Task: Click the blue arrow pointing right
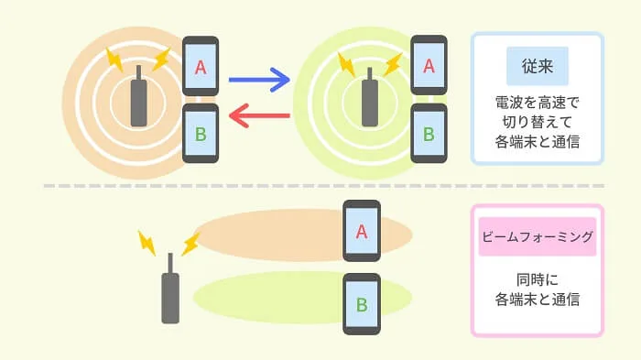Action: coord(259,80)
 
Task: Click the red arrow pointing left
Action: coord(259,115)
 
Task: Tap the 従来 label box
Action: coord(538,66)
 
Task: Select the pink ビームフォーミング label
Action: coord(538,236)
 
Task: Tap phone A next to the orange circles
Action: coord(201,66)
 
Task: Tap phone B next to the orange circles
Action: coord(201,134)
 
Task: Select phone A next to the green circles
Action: coord(429,65)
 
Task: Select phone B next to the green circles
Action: coord(429,134)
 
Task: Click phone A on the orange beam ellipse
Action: coord(362,231)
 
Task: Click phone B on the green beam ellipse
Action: coord(362,304)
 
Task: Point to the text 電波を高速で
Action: coord(538,103)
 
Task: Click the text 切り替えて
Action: coord(538,122)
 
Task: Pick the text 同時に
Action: coord(538,279)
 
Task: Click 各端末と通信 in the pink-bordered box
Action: coord(538,300)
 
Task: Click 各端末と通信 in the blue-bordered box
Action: coord(538,142)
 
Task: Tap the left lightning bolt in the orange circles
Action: coord(114,60)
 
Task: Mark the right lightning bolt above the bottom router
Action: coord(190,244)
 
